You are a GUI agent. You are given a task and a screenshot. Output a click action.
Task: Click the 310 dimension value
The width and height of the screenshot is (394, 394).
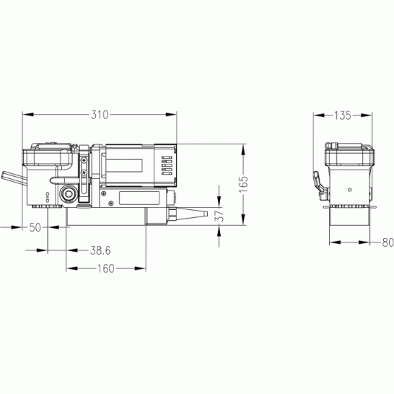[x=100, y=115]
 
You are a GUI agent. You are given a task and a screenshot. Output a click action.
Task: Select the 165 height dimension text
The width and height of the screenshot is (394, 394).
[x=243, y=184]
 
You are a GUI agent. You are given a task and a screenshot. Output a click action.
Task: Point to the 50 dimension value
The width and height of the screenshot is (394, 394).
[x=35, y=227]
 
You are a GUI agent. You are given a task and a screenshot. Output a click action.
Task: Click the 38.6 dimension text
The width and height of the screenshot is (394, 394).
[x=100, y=250]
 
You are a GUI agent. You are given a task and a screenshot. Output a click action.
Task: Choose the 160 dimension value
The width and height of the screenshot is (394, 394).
[x=105, y=268]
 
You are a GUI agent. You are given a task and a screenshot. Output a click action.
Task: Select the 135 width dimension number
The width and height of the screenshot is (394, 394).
[x=342, y=115]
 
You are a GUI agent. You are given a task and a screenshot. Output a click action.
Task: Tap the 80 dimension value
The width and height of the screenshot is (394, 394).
[x=388, y=242]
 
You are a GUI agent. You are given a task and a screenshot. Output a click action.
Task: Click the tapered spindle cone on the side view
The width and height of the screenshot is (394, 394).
[x=192, y=214]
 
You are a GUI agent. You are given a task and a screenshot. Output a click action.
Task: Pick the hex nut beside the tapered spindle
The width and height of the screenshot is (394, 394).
[x=172, y=214]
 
